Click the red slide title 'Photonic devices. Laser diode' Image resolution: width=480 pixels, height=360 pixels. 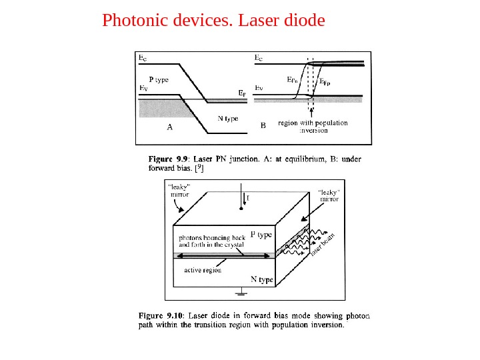(x=213, y=21)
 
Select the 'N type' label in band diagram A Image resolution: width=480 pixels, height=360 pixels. (x=228, y=119)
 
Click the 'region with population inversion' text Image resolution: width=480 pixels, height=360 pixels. (x=312, y=127)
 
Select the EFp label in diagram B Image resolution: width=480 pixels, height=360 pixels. (x=325, y=83)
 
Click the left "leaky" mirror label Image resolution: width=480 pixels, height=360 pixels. (x=179, y=191)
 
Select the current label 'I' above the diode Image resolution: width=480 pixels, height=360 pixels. (x=248, y=197)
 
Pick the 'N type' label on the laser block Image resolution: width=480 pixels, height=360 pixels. (x=261, y=280)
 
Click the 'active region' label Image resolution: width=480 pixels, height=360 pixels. (x=203, y=270)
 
